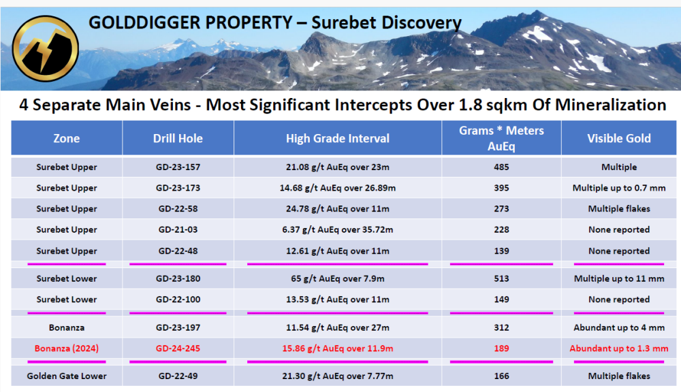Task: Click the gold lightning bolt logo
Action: click(45, 48)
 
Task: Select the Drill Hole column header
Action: click(178, 138)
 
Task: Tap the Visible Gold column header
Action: click(619, 138)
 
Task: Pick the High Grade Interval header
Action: click(338, 138)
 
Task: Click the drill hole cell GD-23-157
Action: click(178, 167)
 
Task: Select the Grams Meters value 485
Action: click(501, 167)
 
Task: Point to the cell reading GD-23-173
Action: click(178, 188)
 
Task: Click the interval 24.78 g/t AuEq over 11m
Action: click(338, 209)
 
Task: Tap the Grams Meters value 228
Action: click(501, 229)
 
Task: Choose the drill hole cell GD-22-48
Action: click(178, 251)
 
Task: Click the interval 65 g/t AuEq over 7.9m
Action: click(338, 279)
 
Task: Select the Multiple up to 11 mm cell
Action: click(619, 279)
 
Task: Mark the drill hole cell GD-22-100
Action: click(178, 299)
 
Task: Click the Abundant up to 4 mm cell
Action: click(619, 328)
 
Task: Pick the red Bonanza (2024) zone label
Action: click(67, 348)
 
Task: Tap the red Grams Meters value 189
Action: click(501, 348)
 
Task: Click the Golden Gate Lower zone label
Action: click(67, 376)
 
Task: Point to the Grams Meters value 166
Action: click(501, 376)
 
